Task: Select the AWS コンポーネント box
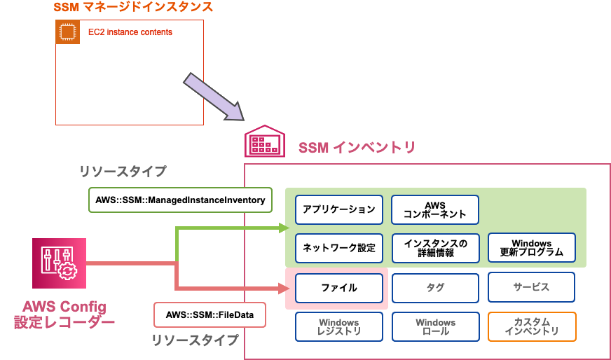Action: pos(435,209)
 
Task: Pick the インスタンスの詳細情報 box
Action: pos(435,247)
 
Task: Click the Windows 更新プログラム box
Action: pos(532,247)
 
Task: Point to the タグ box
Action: pos(435,287)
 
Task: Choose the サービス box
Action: pos(532,287)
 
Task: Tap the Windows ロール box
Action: pos(435,326)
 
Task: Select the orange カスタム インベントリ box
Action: pos(532,326)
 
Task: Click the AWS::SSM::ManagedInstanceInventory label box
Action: pos(181,200)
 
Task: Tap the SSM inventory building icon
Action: pos(264,143)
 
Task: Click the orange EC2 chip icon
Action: pos(68,32)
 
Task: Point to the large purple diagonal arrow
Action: pos(214,97)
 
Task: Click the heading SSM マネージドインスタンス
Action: pos(133,8)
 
